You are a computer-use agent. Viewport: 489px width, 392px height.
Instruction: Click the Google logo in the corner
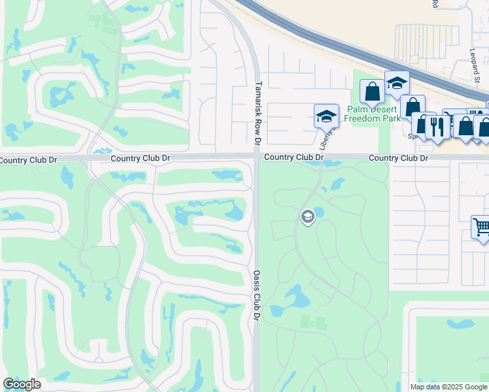click(x=22, y=384)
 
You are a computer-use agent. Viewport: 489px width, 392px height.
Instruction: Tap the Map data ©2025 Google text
click(x=448, y=387)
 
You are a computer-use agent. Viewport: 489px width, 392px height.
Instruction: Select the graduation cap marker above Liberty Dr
click(x=326, y=116)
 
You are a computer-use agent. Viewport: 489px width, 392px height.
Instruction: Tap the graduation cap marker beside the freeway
click(x=396, y=82)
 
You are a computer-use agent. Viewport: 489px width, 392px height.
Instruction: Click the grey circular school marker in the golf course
click(x=307, y=216)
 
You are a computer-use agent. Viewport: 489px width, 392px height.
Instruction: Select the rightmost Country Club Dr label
click(x=398, y=158)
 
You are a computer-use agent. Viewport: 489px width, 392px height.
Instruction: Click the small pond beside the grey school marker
click(x=320, y=213)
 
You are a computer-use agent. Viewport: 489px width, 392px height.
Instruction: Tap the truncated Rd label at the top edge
click(x=434, y=3)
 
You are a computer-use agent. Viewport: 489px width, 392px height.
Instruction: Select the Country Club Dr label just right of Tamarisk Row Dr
click(x=294, y=157)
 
